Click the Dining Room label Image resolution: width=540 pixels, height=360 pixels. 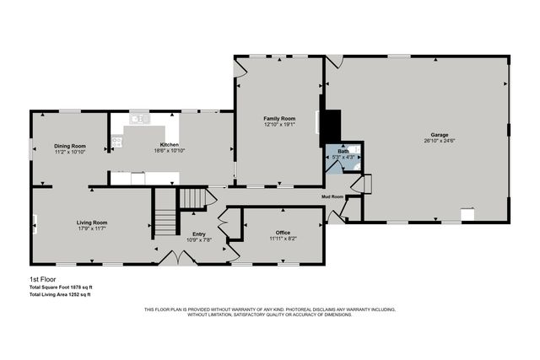click(x=71, y=146)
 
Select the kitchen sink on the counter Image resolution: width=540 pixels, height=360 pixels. click(x=139, y=120)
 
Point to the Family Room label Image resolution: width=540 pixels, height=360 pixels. click(x=278, y=119)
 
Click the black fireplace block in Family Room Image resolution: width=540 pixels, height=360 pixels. click(x=330, y=126)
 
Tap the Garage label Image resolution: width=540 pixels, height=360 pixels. click(x=438, y=134)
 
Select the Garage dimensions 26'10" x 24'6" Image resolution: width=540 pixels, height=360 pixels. click(x=438, y=140)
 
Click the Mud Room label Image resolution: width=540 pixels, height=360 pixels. click(x=332, y=196)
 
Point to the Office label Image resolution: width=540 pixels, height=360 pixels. click(x=283, y=232)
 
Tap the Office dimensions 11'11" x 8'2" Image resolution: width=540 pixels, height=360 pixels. click(x=283, y=238)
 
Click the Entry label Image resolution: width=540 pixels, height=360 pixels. click(x=199, y=234)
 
